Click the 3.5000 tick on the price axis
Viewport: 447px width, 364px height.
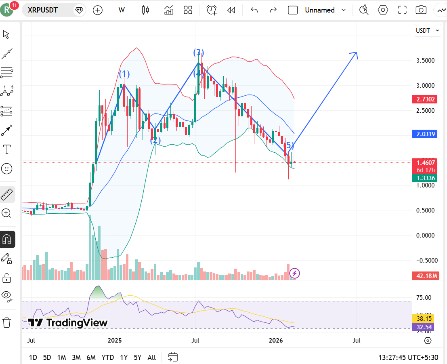pyautogui.click(x=426, y=61)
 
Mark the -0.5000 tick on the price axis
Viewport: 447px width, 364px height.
pyautogui.click(x=426, y=260)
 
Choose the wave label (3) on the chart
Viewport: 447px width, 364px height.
pyautogui.click(x=198, y=53)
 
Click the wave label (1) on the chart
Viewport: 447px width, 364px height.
pyautogui.click(x=124, y=74)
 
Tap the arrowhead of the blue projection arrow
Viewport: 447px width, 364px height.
pyautogui.click(x=355, y=53)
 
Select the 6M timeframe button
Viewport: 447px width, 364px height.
pyautogui.click(x=91, y=357)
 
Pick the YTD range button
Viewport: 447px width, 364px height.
pyautogui.click(x=107, y=357)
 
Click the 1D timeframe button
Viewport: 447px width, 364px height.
pyautogui.click(x=33, y=357)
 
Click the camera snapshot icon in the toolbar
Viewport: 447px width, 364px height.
pyautogui.click(x=421, y=10)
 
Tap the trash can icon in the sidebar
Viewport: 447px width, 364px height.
pyautogui.click(x=7, y=322)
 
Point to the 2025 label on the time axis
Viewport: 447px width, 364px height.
pyautogui.click(x=115, y=341)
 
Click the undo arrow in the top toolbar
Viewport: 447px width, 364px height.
pyautogui.click(x=254, y=10)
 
